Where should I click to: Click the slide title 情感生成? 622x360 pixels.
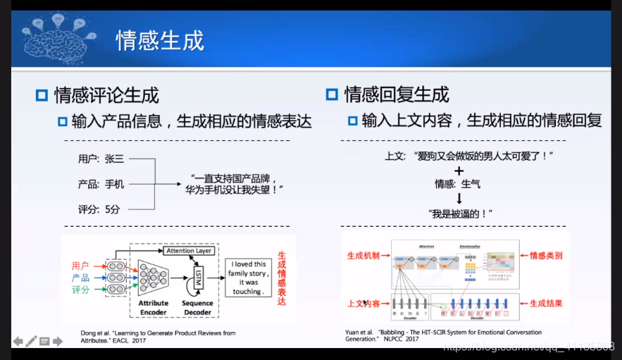(160, 40)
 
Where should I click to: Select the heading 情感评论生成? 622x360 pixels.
(106, 94)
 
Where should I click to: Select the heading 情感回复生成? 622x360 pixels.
(396, 94)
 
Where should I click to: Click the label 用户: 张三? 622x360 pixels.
(101, 159)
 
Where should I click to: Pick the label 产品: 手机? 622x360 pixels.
(101, 185)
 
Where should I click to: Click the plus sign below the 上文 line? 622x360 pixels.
(459, 170)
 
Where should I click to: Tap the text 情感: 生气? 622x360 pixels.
(458, 185)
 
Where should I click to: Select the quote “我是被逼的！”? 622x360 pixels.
(459, 213)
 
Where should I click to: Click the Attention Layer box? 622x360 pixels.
(189, 251)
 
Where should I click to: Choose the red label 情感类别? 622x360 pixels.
(546, 256)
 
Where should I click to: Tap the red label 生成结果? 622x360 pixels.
(546, 304)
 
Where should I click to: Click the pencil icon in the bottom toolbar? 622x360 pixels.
(31, 342)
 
